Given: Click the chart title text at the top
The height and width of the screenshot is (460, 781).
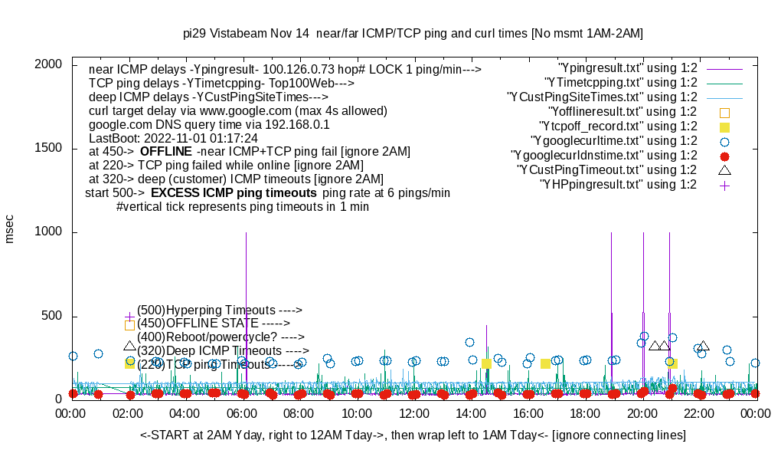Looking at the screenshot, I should click(413, 34).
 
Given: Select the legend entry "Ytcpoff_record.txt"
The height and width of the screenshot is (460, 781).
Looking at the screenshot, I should click(618, 127).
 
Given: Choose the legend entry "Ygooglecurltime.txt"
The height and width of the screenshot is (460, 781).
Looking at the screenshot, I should click(614, 141).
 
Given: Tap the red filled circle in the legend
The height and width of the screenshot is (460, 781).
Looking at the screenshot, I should click(724, 156).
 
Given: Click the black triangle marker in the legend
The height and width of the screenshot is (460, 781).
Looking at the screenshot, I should click(724, 169).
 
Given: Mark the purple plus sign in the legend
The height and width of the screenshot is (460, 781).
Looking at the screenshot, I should click(724, 185).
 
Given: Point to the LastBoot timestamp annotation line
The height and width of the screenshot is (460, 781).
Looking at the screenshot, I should click(173, 138).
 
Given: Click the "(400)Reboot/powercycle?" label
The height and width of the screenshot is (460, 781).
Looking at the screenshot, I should click(221, 337).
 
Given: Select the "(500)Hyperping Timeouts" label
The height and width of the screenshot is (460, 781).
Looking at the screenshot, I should click(220, 310).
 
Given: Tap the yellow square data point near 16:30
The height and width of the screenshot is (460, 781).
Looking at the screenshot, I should click(546, 363).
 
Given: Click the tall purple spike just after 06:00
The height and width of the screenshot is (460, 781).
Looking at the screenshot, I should click(246, 307).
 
